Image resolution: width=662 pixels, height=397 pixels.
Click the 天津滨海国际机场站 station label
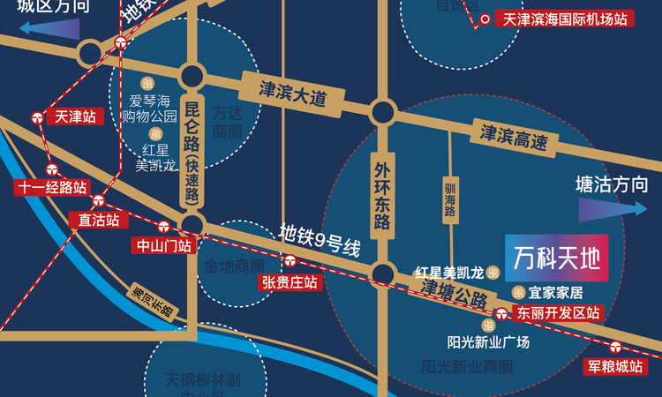click(x=566, y=18)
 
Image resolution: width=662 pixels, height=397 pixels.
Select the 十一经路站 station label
click(x=52, y=187)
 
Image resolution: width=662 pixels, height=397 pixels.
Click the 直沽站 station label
click(x=98, y=219)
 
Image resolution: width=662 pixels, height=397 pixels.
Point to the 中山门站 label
click(x=161, y=245)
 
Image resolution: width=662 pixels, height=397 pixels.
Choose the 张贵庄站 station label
click(x=289, y=281)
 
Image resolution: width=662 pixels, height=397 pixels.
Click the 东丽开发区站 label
click(x=558, y=312)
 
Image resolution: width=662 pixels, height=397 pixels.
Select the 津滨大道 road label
click(x=292, y=94)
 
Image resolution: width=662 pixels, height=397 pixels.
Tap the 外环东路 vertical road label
click(x=382, y=194)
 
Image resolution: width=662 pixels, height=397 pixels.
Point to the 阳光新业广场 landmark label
click(x=488, y=342)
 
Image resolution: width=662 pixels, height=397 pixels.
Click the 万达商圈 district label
click(x=228, y=124)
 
